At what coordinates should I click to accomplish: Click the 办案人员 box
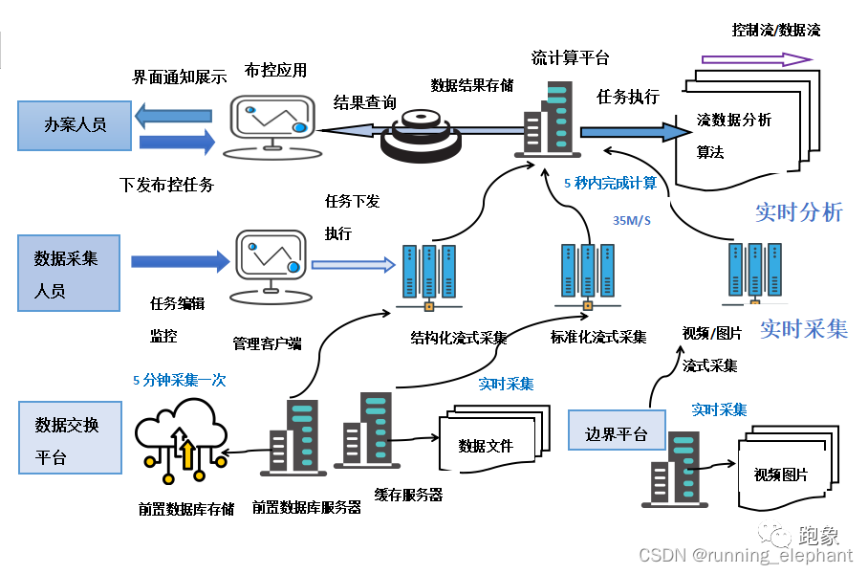click(x=75, y=124)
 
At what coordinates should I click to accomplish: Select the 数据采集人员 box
click(x=69, y=274)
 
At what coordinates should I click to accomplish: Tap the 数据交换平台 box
click(x=70, y=438)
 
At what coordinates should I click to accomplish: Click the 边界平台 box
click(x=617, y=435)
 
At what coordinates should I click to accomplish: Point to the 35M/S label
click(x=631, y=221)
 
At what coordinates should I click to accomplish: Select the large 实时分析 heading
click(x=798, y=212)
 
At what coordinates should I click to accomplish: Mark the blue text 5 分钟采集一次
click(x=180, y=380)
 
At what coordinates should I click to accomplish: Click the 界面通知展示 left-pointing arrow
click(x=174, y=116)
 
